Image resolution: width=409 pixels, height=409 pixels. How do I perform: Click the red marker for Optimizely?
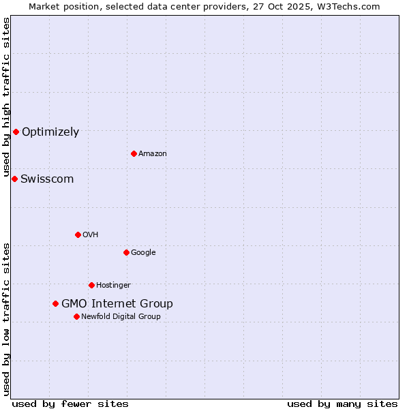pos(16,132)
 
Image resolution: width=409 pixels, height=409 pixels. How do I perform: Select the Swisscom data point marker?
pos(14,179)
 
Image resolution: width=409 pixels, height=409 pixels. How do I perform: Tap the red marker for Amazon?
pos(134,153)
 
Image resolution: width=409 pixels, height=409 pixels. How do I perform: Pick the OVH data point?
pos(78,234)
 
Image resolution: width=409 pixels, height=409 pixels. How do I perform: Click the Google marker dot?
pos(126,252)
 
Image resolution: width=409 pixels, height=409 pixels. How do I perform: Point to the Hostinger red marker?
pos(91,285)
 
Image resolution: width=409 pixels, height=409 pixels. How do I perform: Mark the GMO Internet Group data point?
pos(55,303)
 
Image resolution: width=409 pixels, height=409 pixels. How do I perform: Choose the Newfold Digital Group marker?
pos(76,316)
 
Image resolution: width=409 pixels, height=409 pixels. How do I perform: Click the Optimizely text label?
pos(50,132)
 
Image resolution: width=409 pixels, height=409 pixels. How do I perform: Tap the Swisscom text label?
pos(47,179)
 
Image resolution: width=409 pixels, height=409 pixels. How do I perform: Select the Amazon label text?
pos(153,154)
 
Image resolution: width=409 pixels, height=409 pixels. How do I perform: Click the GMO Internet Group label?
pos(117,304)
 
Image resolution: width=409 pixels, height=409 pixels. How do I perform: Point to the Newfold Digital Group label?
pos(121,317)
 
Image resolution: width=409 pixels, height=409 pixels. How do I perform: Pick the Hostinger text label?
pos(113,286)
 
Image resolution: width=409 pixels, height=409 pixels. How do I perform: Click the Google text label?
pos(143,253)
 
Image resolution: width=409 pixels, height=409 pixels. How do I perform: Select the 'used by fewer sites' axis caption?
pos(70,404)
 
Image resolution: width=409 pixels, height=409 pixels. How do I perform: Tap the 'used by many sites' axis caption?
pos(342,404)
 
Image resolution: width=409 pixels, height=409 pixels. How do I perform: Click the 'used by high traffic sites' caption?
pos(7,97)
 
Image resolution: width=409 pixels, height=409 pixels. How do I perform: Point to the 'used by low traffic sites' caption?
pos(7,318)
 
